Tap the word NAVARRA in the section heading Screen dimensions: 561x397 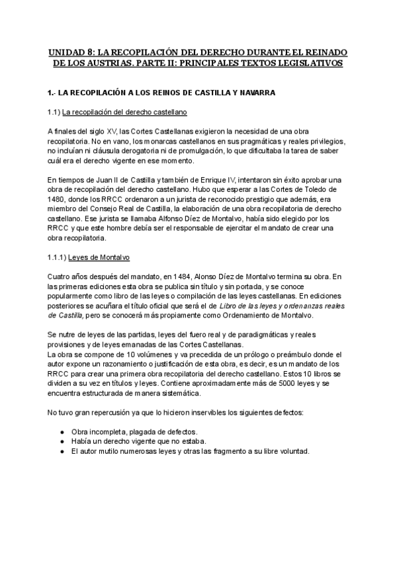pos(254,92)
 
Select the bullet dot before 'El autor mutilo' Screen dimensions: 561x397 pos(61,451)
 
